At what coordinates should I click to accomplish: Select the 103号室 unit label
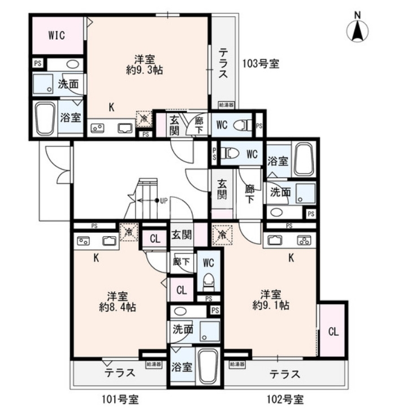pyautogui.click(x=261, y=64)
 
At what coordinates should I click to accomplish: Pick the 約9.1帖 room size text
pyautogui.click(x=271, y=306)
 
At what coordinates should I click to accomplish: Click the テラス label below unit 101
pyautogui.click(x=119, y=373)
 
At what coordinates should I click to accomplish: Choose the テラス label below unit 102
pyautogui.click(x=284, y=374)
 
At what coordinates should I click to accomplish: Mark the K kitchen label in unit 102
pyautogui.click(x=292, y=258)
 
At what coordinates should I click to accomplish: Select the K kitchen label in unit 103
pyautogui.click(x=112, y=107)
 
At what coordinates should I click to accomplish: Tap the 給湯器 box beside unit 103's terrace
pyautogui.click(x=227, y=105)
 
